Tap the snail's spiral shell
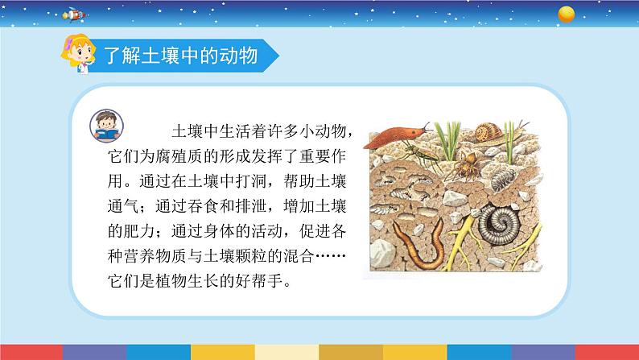click(490, 132)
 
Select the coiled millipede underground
click(497, 227)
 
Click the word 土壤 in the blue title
click(155, 56)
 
